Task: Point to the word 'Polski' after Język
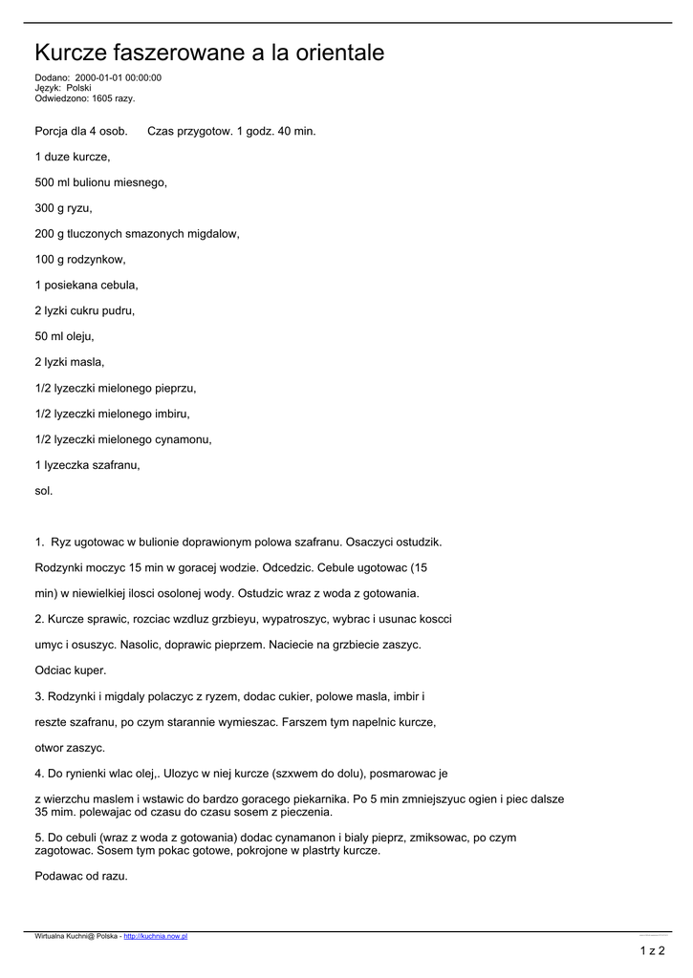click(78, 88)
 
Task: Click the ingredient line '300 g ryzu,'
click(63, 207)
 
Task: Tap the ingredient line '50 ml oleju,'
click(66, 336)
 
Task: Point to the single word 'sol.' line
click(44, 491)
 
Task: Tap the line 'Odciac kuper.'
click(71, 670)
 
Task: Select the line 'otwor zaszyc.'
click(70, 748)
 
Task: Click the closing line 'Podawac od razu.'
click(80, 875)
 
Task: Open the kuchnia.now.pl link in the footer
click(156, 937)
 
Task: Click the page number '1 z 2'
click(652, 950)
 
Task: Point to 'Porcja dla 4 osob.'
click(80, 130)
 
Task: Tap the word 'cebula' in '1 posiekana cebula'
click(118, 285)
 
